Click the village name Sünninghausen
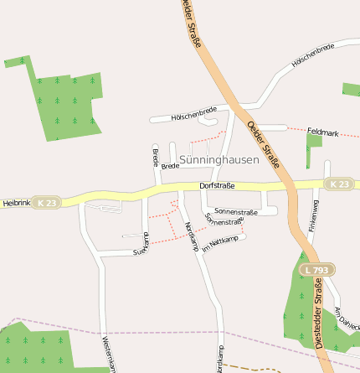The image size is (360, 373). click(x=219, y=159)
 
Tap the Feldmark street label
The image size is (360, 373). click(x=322, y=132)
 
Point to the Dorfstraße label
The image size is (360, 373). click(x=217, y=185)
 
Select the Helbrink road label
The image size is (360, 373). click(x=16, y=203)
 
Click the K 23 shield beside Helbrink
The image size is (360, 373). click(x=47, y=202)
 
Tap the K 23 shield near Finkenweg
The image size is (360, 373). click(x=338, y=184)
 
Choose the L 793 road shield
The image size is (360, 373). click(x=317, y=270)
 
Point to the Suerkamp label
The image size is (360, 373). click(x=141, y=244)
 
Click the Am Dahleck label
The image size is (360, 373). click(x=346, y=318)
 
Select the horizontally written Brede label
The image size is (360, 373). click(x=170, y=166)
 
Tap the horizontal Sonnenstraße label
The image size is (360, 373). click(x=235, y=212)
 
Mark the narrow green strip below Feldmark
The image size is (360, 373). click(x=312, y=148)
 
